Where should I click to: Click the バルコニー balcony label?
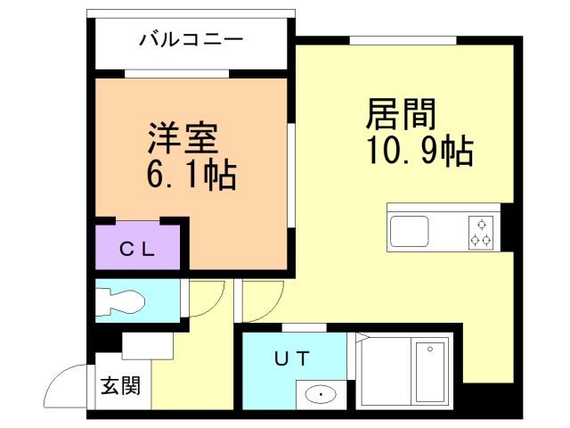(x=191, y=40)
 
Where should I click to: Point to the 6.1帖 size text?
(x=191, y=175)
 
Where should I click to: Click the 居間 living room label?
(x=402, y=116)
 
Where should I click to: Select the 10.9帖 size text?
(x=417, y=152)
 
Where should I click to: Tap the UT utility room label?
(x=291, y=359)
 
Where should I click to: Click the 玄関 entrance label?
(x=119, y=386)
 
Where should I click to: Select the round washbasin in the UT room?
(x=319, y=393)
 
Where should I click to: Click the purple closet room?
(x=138, y=247)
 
